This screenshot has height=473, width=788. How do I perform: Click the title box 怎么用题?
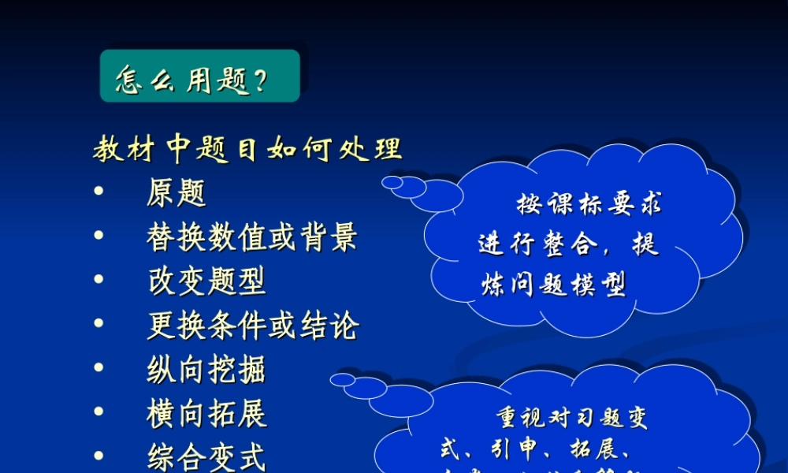point(200,76)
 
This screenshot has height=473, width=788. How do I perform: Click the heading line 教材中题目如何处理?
point(247,148)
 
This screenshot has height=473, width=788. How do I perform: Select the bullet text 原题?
point(177,192)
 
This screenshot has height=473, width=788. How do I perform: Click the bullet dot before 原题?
point(98,192)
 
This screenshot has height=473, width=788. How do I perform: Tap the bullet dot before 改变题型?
point(98,280)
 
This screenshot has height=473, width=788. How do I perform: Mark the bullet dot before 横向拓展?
point(98,412)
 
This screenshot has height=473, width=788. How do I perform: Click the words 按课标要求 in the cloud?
point(589,206)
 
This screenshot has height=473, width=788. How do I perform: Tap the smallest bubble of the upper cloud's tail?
point(392,182)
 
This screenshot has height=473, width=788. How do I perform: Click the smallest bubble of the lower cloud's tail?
point(343,379)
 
